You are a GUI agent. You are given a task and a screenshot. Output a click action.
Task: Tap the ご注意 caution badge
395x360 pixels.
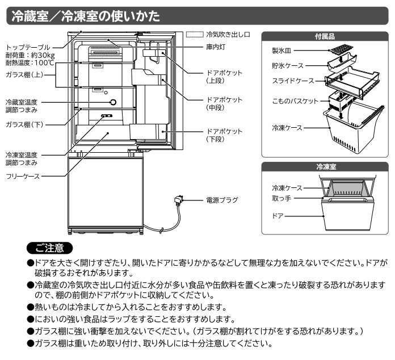tap(50, 248)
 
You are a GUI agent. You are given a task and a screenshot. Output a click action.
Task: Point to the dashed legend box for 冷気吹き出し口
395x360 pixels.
tap(196, 34)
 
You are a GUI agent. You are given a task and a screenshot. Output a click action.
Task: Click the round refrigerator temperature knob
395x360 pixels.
tap(112, 102)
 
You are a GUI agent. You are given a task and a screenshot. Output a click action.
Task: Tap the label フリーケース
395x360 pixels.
tap(23, 177)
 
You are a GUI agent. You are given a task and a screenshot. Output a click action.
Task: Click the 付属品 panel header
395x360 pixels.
tap(325, 36)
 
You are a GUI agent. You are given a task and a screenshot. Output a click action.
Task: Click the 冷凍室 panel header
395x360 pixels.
tap(325, 167)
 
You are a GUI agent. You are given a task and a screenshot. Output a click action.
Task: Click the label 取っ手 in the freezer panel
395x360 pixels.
tap(282, 199)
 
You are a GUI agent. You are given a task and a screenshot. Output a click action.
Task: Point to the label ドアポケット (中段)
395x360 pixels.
tap(224, 103)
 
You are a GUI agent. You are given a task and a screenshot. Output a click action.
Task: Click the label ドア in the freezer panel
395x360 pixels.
tap(277, 216)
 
